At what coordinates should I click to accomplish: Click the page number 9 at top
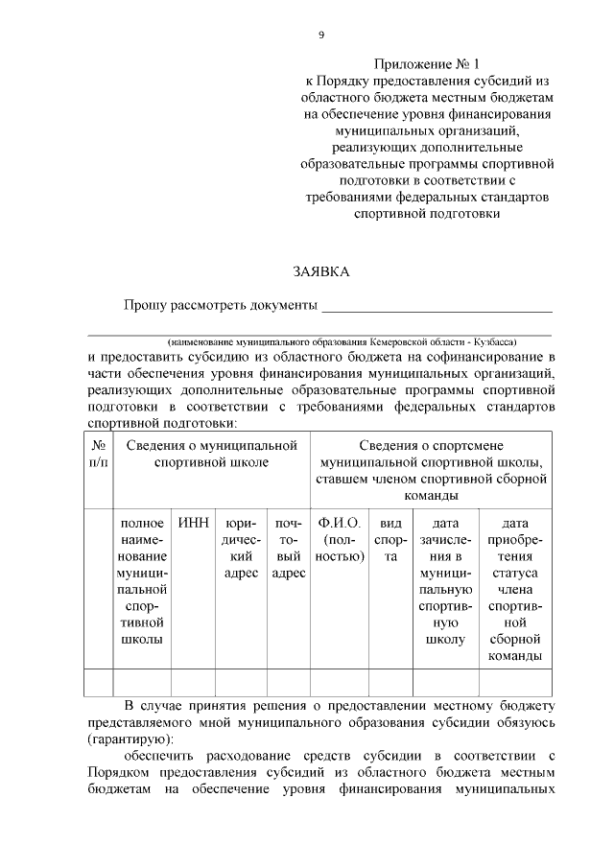[321, 35]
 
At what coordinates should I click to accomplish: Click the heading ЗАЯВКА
[321, 271]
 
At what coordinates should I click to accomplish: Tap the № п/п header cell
[99, 454]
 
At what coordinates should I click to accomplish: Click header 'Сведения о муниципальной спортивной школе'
[212, 454]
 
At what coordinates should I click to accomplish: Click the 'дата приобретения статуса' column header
[516, 589]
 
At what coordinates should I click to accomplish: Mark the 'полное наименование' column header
[142, 580]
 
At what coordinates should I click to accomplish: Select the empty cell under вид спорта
[390, 682]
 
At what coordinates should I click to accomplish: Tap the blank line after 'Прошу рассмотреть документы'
[437, 307]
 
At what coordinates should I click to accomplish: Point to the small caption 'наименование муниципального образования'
[341, 341]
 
